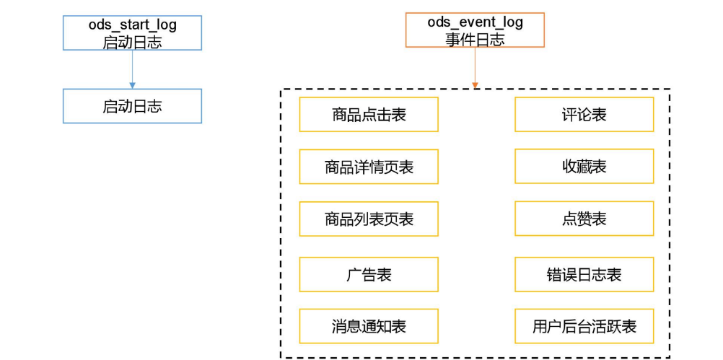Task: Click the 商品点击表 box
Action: point(368,115)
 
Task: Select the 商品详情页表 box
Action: point(368,167)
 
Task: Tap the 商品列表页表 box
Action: point(368,219)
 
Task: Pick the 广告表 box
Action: point(368,274)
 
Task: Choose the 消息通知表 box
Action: point(368,326)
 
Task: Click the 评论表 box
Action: point(584,115)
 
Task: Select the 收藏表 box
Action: point(584,167)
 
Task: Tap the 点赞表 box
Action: point(584,219)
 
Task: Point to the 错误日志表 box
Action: point(584,274)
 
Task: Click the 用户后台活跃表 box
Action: point(584,326)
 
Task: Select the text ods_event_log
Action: point(475,22)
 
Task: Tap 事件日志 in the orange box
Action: point(475,39)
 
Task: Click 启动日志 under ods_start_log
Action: point(132,42)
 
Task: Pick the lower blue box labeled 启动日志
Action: point(132,106)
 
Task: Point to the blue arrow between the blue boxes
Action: point(132,69)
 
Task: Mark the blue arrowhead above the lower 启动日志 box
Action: point(132,85)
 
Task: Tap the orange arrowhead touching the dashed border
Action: point(475,86)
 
